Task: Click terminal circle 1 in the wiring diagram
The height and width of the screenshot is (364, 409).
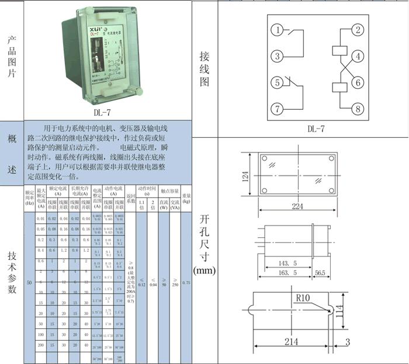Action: coord(279,30)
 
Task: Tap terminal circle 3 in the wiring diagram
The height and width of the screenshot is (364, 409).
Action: coord(279,56)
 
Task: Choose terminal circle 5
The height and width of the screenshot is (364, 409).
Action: coord(279,82)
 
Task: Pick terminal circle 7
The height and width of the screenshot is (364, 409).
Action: coord(279,109)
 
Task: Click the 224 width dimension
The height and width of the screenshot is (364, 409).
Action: coord(297,206)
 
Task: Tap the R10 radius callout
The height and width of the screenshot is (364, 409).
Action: coord(303,298)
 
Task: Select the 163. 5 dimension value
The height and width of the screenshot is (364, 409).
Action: coord(286,272)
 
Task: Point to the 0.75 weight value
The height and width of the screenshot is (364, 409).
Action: coord(186,283)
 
